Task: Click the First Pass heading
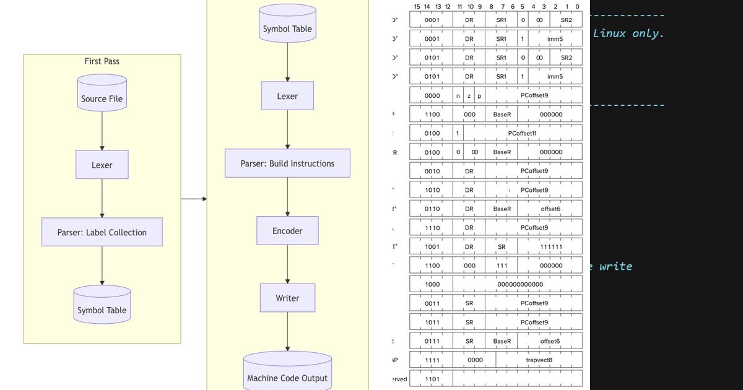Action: point(102,61)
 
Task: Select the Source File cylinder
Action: point(102,93)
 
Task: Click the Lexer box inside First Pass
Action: point(102,165)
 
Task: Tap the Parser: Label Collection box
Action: point(102,232)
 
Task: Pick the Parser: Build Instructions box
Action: point(287,163)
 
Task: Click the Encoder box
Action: point(287,230)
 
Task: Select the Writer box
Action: point(287,298)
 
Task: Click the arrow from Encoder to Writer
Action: point(287,264)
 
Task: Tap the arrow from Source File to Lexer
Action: point(102,131)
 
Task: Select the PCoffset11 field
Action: point(522,133)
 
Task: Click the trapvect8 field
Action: point(539,360)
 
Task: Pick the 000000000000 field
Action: point(520,284)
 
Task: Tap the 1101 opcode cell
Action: point(432,379)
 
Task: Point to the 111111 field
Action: point(550,246)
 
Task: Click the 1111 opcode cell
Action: point(432,360)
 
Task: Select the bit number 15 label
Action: point(417,7)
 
